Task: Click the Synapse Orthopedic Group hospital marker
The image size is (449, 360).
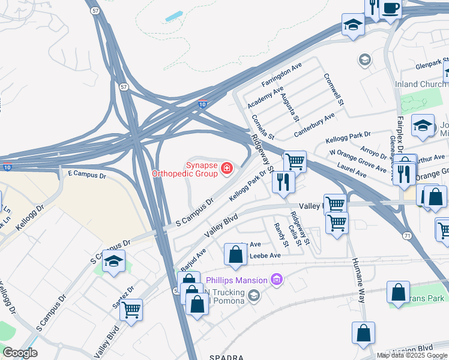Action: tap(227, 168)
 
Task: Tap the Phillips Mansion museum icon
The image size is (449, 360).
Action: tap(276, 279)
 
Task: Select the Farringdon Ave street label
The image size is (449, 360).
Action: tap(280, 77)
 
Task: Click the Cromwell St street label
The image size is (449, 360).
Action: tap(333, 90)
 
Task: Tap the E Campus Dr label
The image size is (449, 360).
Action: tap(87, 175)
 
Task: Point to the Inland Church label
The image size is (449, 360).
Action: tap(420, 85)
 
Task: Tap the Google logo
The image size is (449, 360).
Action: tap(20, 353)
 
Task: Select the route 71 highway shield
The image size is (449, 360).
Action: tap(408, 236)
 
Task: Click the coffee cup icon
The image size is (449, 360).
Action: tap(391, 9)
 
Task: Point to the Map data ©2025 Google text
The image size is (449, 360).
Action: tap(412, 355)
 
